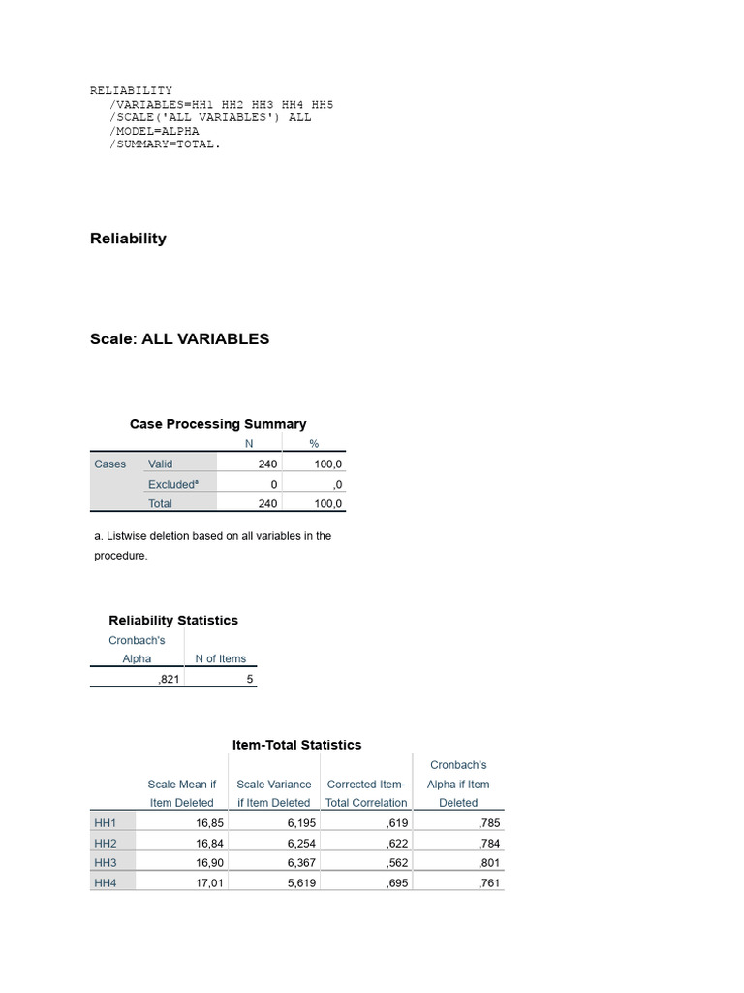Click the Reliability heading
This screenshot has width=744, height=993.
coord(128,239)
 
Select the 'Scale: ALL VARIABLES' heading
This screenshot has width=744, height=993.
coord(179,339)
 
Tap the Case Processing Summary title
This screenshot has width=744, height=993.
coord(218,424)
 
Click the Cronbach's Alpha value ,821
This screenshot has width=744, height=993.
coord(169,680)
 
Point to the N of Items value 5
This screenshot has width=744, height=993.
coord(249,680)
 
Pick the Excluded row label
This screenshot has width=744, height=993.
coord(173,484)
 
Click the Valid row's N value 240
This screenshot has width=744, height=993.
coord(267,464)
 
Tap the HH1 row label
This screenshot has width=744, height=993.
coord(105,823)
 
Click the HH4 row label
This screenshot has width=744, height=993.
coord(105,883)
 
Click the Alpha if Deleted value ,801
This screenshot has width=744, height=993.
coord(489,863)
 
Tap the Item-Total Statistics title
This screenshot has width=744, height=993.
coord(297,745)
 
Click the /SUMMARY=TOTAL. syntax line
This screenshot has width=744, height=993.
coord(165,144)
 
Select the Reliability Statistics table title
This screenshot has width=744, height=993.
coord(173,621)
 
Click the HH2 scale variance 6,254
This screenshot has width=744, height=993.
coord(301,844)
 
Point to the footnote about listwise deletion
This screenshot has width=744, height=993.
coord(212,545)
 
